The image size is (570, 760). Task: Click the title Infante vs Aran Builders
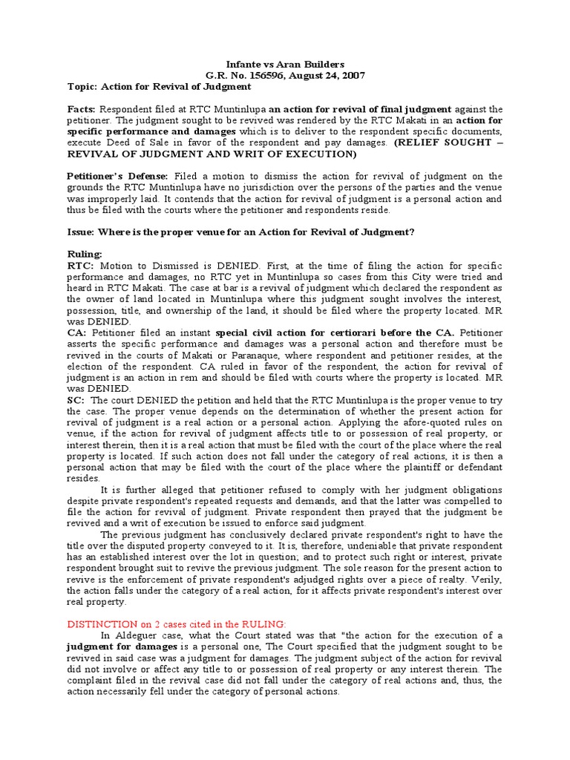[x=285, y=65]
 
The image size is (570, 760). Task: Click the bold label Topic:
[x=82, y=87]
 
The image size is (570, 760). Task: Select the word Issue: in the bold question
[x=83, y=232]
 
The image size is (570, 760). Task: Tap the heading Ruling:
[x=85, y=254]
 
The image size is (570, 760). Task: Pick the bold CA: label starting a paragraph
[x=76, y=332]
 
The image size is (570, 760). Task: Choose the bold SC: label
[x=76, y=399]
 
